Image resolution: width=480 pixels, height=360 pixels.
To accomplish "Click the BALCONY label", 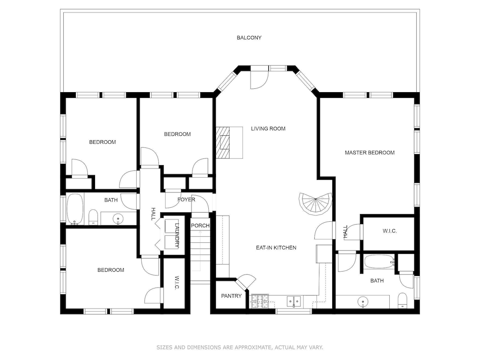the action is (249, 37).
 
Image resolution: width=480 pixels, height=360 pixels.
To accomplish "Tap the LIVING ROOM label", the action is (268, 129).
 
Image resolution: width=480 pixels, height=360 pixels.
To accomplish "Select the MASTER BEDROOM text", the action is (370, 153).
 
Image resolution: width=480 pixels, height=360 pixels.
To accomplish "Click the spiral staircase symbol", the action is (315, 203).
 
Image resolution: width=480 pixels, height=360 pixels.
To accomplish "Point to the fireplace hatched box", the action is (223, 143).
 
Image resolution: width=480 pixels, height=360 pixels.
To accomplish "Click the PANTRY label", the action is (231, 296).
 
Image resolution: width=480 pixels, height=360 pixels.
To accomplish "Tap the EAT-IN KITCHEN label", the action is (276, 247).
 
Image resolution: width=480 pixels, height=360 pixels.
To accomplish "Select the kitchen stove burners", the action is (260, 301).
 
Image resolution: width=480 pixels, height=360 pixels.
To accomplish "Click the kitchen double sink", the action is (294, 301).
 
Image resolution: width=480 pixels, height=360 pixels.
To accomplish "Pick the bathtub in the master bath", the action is (379, 262).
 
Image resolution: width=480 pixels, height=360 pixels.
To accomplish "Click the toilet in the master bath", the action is (402, 300).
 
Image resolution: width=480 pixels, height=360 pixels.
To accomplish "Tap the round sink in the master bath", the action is (363, 302).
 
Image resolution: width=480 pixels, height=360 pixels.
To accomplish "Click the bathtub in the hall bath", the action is (75, 209).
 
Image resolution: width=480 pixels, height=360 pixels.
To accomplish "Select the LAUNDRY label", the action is (177, 235).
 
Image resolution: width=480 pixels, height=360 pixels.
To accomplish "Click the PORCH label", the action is (200, 226).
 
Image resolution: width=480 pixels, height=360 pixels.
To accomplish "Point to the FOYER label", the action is (186, 200).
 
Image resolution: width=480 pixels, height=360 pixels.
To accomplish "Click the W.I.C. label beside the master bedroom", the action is (390, 231).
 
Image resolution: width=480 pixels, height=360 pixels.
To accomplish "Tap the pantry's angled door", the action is (246, 281).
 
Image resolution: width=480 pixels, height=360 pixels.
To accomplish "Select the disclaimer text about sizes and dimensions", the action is (240, 348).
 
